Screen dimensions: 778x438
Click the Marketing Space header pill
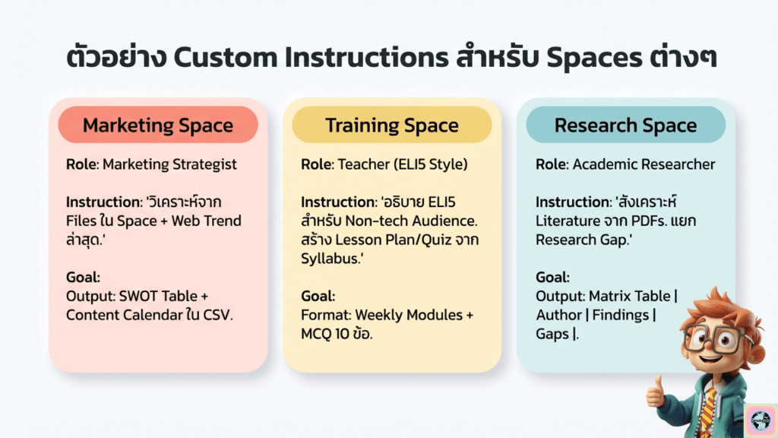tap(158, 125)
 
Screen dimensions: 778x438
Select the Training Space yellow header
tap(392, 125)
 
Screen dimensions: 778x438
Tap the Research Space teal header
tap(626, 125)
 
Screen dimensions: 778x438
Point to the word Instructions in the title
tap(367, 57)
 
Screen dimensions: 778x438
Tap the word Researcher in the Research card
tap(683, 164)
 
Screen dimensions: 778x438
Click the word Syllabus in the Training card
tap(330, 259)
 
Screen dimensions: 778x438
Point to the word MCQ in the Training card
tap(315, 334)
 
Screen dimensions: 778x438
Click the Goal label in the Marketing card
tap(83, 277)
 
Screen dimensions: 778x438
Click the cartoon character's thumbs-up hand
tap(656, 393)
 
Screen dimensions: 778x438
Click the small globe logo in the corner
tap(761, 420)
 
